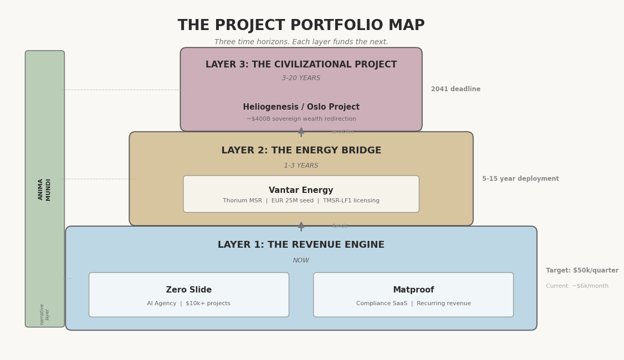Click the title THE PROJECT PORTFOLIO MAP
[301, 26]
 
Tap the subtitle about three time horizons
[301, 42]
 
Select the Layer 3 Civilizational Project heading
[301, 65]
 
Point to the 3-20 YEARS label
[301, 79]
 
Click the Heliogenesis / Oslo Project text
[301, 107]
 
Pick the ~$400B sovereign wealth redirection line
[301, 119]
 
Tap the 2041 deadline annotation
[455, 90]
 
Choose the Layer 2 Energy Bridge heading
[301, 151]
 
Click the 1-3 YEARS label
[301, 166]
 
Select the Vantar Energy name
[301, 190]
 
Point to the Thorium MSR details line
[301, 201]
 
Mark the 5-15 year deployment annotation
[520, 179]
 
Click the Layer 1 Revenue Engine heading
[301, 245]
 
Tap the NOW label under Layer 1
[301, 260]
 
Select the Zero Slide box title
[189, 290]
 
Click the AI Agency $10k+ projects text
[189, 304]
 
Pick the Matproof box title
[413, 290]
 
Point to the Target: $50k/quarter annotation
[582, 271]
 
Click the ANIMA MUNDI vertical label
[45, 189]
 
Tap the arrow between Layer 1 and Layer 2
[301, 226]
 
